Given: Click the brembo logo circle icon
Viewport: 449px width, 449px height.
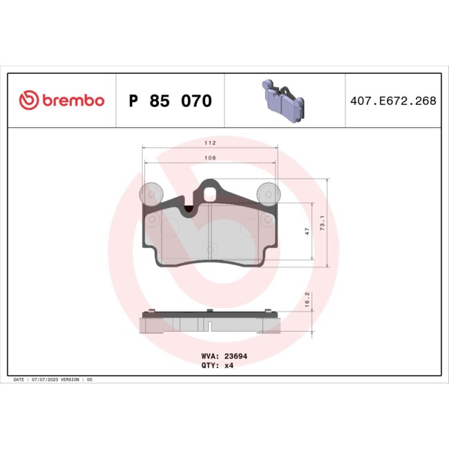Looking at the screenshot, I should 28,101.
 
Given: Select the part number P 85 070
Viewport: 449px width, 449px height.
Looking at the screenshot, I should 171,102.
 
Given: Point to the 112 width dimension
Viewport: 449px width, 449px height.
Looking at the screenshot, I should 211,143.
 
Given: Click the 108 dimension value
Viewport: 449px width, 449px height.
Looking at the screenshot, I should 211,158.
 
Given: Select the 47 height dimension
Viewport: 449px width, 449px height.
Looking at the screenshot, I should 307,232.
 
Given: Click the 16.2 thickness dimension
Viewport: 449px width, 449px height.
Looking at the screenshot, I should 307,301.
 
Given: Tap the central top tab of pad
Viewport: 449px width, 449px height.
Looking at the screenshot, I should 210,191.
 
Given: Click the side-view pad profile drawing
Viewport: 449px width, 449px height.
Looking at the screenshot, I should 209,321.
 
